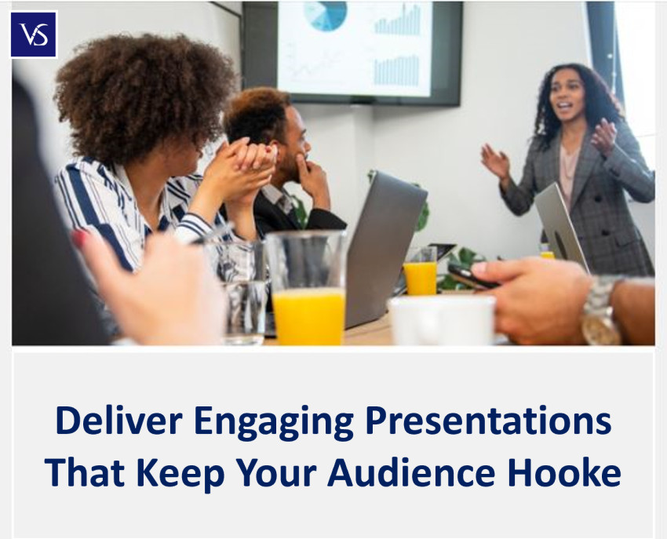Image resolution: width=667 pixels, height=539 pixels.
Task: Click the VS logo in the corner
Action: point(33,35)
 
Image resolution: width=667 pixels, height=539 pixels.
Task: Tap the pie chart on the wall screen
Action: point(326,16)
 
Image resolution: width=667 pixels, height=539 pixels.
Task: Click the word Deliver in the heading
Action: point(119,421)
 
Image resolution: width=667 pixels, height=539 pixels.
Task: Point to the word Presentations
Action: point(488,421)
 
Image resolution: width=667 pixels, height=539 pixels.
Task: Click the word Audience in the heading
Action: point(411,472)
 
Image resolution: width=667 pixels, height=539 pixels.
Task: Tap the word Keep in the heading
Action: point(180,475)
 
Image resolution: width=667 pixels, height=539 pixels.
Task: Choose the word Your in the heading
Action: point(276,472)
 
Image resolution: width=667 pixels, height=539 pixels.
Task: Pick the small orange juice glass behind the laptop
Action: point(421,271)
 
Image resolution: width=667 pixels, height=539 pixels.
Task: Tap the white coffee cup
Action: point(442,320)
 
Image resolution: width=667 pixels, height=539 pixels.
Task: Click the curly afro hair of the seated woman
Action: point(144,97)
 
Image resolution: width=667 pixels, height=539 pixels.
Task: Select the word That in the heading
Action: point(85,472)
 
